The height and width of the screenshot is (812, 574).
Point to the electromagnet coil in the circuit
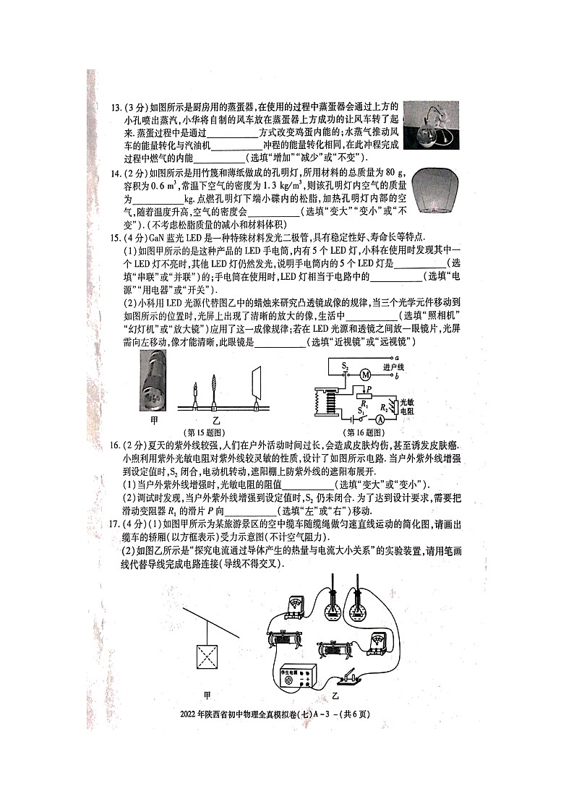329,403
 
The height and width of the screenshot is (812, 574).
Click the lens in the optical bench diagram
214,387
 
